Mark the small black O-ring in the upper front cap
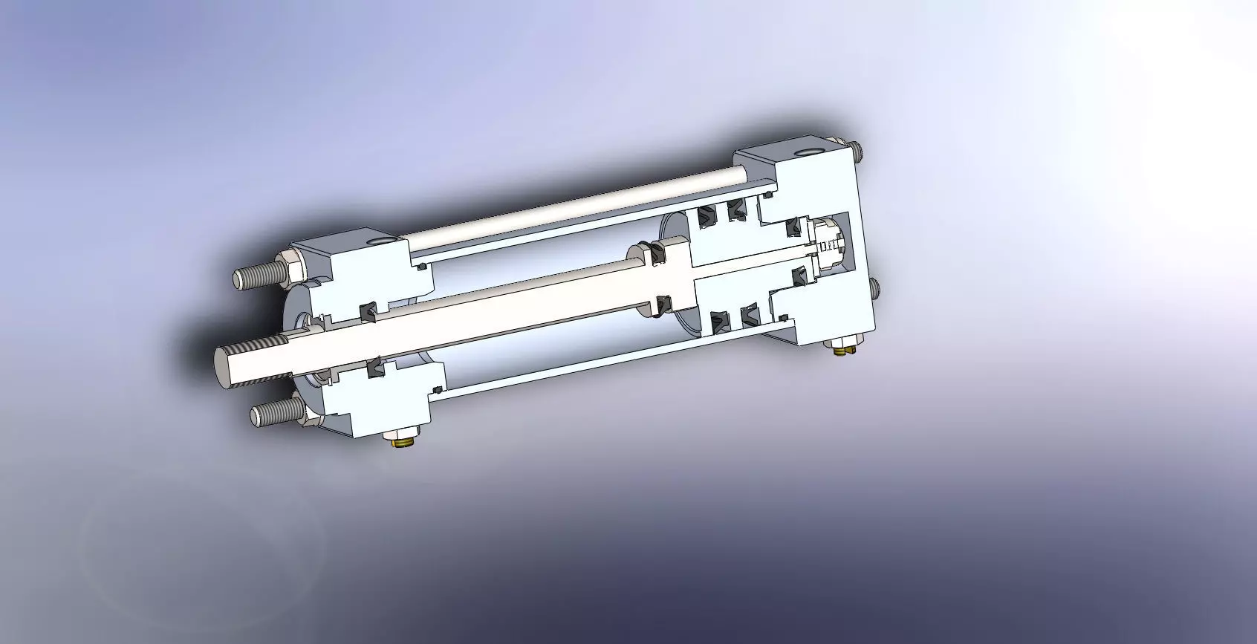(421, 267)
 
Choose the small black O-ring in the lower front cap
(438, 389)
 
